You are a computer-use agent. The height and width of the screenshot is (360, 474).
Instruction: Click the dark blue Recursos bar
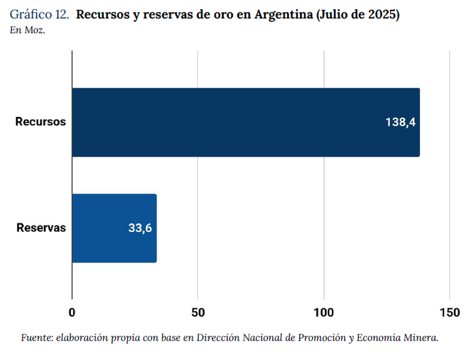coord(245,122)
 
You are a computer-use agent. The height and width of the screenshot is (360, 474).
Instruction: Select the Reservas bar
coord(114,228)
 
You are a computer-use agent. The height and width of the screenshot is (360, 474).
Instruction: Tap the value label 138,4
coord(400,122)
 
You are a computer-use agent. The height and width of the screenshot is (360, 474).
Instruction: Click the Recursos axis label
coord(41,122)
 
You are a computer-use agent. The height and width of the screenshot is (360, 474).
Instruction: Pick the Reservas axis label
coord(41,228)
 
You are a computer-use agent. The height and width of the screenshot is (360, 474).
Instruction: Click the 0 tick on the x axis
coord(72,313)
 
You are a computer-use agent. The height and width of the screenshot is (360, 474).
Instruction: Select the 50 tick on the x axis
coord(198,313)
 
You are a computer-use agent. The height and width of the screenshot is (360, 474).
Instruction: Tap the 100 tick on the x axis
coord(323,313)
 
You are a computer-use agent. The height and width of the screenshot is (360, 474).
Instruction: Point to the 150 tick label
coord(449,313)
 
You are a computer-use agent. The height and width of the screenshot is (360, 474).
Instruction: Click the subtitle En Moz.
coord(27,30)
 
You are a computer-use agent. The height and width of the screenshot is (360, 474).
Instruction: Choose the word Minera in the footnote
coord(422,338)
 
